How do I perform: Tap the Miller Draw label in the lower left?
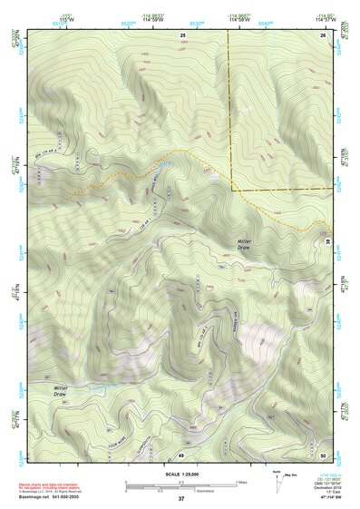59,391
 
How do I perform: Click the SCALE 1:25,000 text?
180,475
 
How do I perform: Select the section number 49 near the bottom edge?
181,454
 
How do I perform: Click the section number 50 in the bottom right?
324,454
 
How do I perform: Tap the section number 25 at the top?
182,34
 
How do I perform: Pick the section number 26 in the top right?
324,34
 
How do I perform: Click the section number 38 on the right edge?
326,241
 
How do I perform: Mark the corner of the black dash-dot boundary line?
231,191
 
